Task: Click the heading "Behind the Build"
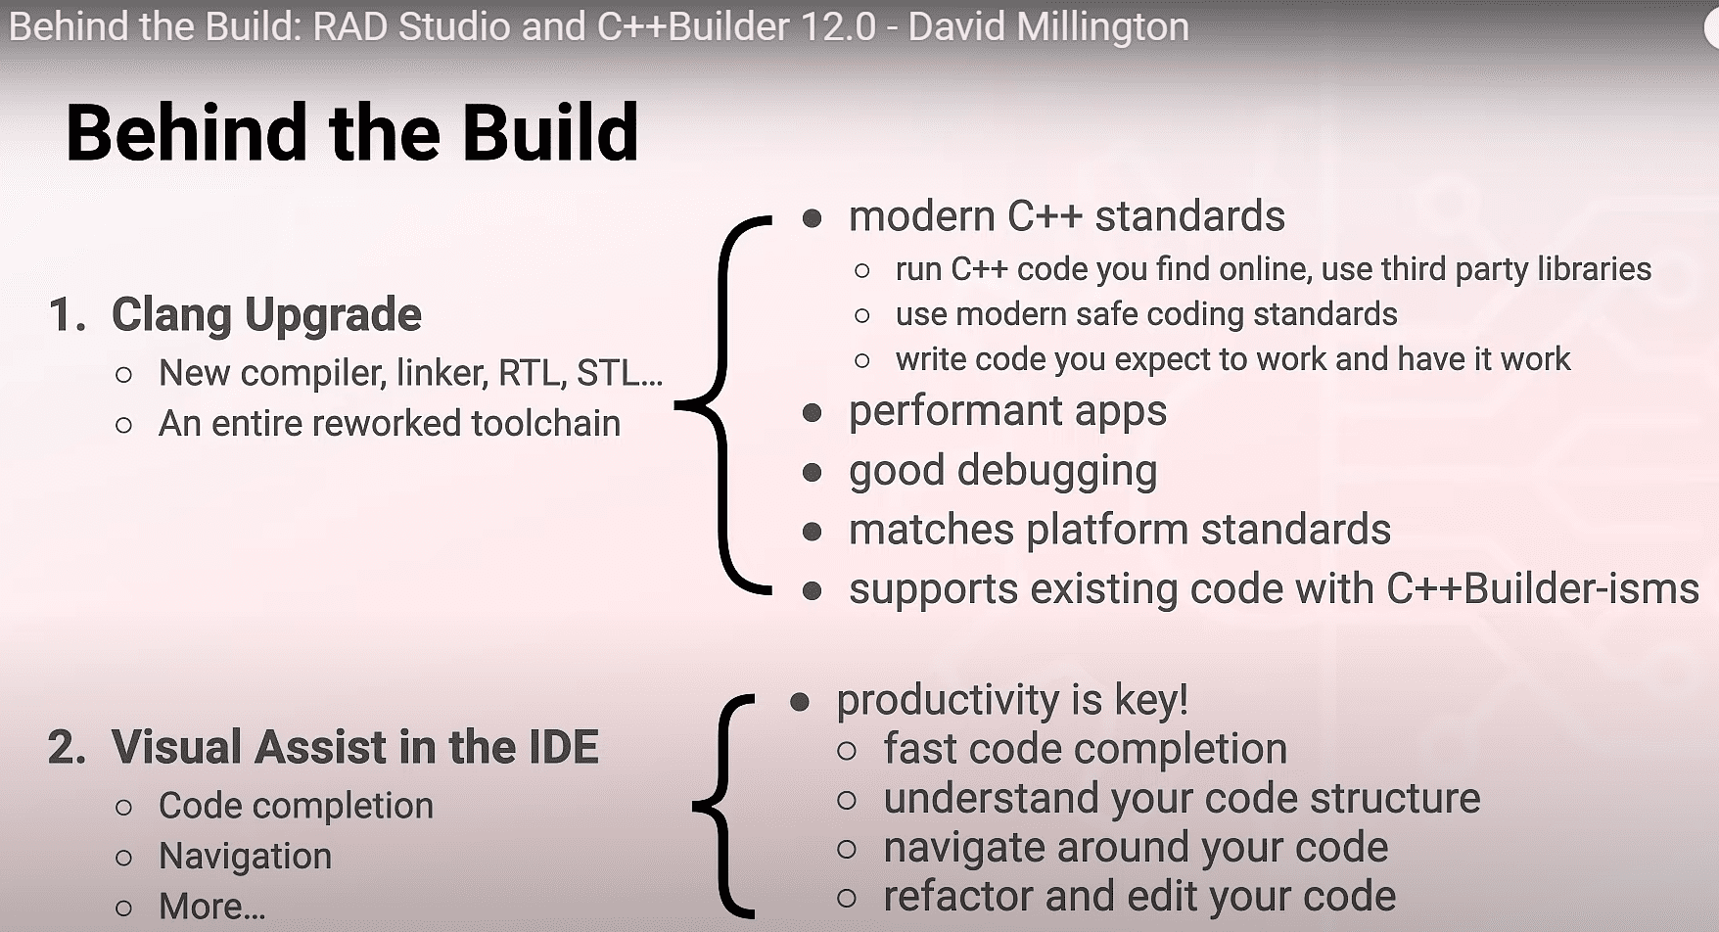(x=352, y=132)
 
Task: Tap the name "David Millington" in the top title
(x=1048, y=26)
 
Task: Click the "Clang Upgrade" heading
(x=266, y=314)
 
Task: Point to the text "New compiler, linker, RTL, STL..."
(x=411, y=373)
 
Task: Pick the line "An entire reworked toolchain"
(x=390, y=423)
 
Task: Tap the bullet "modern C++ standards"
(x=1067, y=216)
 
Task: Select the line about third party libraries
(x=1274, y=268)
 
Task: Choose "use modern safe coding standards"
(x=1146, y=313)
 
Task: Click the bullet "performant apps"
(x=1007, y=411)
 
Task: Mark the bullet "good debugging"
(x=1002, y=471)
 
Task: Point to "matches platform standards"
(x=1120, y=530)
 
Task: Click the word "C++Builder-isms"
(x=1543, y=588)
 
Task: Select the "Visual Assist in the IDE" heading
(x=354, y=747)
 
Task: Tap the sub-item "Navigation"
(x=245, y=856)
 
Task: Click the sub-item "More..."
(x=211, y=907)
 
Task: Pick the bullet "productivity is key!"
(x=1012, y=700)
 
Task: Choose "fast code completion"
(x=1086, y=749)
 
